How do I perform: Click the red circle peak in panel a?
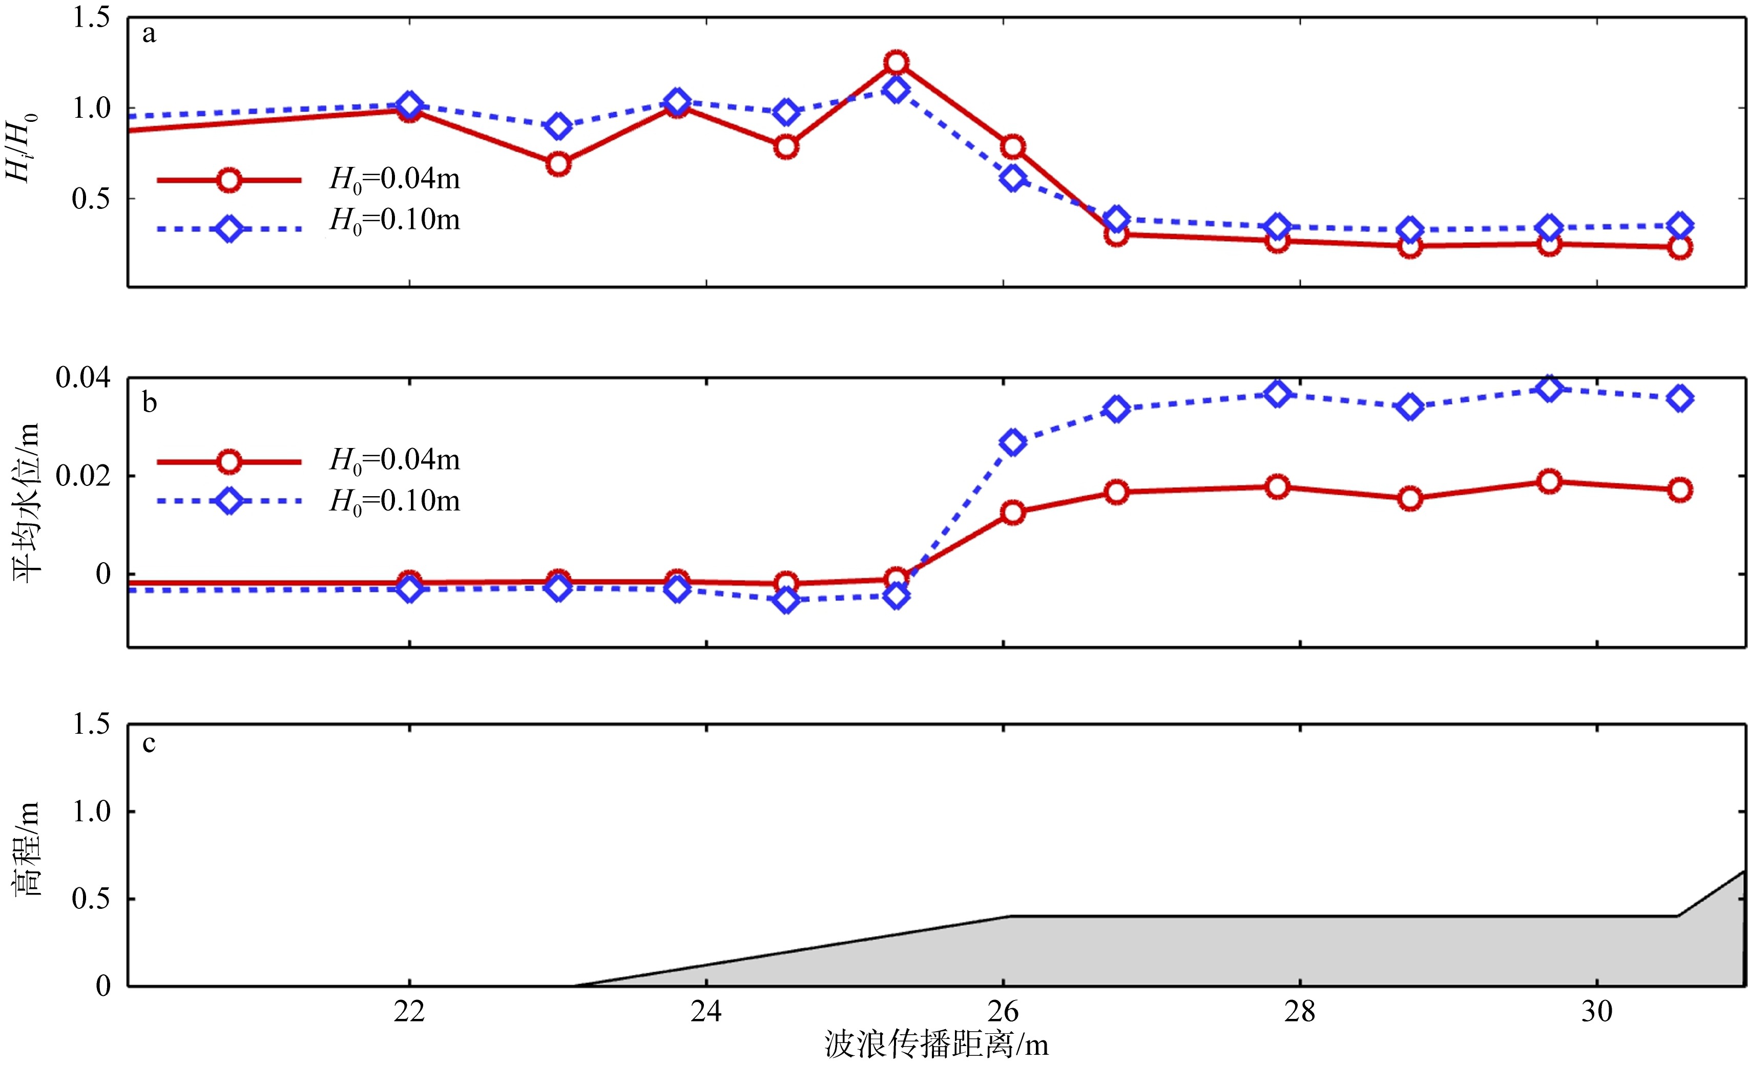[896, 62]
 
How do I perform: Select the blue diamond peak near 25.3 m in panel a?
[896, 90]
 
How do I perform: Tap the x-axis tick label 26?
[1003, 1011]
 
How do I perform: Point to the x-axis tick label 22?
[409, 1011]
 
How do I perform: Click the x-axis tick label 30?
[1597, 1011]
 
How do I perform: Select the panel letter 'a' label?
[149, 34]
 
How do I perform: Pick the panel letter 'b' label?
[149, 403]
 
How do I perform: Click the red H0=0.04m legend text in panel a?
[395, 179]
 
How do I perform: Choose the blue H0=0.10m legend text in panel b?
[395, 501]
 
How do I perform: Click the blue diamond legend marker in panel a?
[229, 229]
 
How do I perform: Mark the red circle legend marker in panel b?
[229, 462]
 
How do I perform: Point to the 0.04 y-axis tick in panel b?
[84, 378]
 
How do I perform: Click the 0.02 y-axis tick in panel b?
[84, 476]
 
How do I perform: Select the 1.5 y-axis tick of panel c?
[92, 724]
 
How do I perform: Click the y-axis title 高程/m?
[27, 849]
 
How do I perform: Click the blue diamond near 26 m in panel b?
[1012, 442]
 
